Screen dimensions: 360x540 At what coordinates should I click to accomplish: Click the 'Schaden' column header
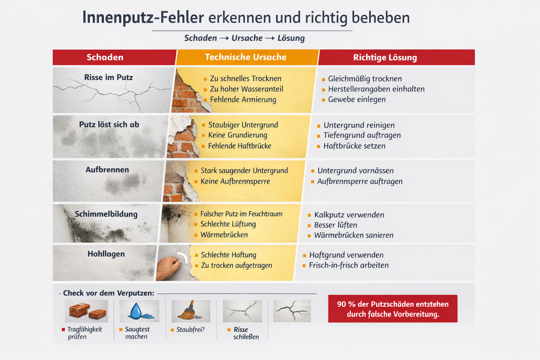(x=105, y=57)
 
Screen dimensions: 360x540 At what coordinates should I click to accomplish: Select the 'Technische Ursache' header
(x=245, y=57)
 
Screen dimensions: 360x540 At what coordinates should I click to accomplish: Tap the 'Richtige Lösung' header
(x=385, y=58)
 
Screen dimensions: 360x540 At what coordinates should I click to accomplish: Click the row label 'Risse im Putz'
(x=108, y=77)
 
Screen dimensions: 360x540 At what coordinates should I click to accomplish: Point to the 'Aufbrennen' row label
(x=107, y=170)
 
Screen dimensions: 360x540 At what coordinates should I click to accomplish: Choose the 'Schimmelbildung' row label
(x=106, y=214)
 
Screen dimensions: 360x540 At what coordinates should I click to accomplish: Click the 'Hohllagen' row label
(x=106, y=254)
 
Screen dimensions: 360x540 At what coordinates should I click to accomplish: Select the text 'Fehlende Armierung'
(x=243, y=99)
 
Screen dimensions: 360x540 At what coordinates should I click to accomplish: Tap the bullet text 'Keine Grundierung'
(x=238, y=135)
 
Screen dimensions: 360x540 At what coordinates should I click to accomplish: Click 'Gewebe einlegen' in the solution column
(x=357, y=99)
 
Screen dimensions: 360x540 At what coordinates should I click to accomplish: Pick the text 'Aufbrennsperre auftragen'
(x=360, y=181)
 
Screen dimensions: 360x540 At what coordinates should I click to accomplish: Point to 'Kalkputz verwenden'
(x=349, y=215)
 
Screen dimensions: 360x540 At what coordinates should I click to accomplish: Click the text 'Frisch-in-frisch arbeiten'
(x=349, y=265)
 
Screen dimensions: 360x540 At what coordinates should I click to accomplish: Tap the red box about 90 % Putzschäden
(x=393, y=309)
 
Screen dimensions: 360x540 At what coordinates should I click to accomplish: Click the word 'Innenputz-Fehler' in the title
(x=143, y=18)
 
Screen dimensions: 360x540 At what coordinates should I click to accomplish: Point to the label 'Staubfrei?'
(x=190, y=330)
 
